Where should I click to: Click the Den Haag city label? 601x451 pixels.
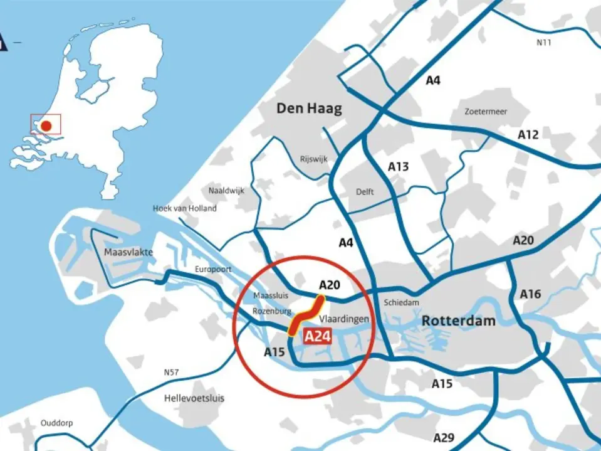[x=310, y=109]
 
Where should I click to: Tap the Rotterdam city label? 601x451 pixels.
[x=458, y=321]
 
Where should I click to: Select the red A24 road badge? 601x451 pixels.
[x=317, y=336]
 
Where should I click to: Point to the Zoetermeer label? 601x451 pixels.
[x=486, y=112]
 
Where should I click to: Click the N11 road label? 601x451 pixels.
[x=544, y=43]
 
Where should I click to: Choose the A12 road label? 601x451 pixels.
[x=528, y=134]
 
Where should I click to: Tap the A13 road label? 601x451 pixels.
[x=398, y=166]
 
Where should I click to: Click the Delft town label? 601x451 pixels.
[x=364, y=191]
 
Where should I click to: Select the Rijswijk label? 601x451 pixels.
[x=313, y=159]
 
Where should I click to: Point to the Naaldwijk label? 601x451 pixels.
[x=226, y=190]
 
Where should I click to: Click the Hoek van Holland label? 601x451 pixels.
[x=184, y=208]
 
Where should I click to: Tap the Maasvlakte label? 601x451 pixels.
[x=128, y=252]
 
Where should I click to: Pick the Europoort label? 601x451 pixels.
[x=213, y=269]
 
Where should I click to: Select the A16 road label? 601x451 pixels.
[x=530, y=294]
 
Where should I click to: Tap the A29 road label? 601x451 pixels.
[x=444, y=437]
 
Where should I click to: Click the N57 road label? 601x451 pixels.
[x=171, y=373]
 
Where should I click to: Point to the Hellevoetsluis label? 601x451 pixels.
[x=194, y=398]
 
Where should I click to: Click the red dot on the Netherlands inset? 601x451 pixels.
[x=46, y=125]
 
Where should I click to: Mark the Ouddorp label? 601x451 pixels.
[x=56, y=423]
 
